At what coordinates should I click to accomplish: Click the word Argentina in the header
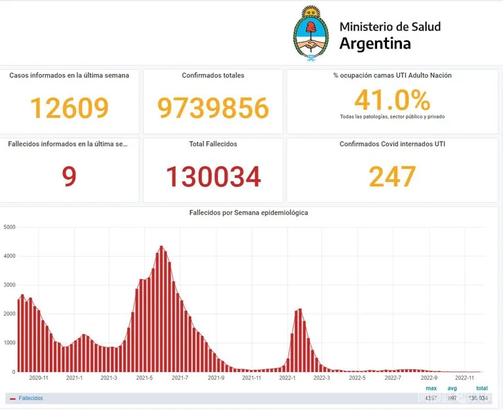pos(375,44)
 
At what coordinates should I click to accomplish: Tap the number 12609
pos(69,108)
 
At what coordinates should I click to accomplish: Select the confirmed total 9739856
pos(213,108)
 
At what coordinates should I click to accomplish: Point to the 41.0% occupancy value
pos(392,100)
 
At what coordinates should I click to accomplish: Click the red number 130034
pos(213,176)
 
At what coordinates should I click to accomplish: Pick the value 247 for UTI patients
pos(392,176)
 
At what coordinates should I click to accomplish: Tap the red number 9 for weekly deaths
pos(69,176)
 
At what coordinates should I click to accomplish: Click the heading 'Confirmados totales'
pos(213,75)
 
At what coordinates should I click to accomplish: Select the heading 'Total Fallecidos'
pos(213,144)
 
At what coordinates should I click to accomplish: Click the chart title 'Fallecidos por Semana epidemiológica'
pos(249,213)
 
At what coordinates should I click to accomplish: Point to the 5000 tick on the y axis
pos(9,227)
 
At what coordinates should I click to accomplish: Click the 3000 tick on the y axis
pos(9,285)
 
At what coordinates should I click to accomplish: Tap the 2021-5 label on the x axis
pos(144,377)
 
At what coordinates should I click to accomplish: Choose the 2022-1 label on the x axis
pos(287,377)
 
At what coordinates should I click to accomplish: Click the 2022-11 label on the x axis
pos(464,377)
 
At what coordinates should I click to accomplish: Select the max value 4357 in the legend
pos(431,398)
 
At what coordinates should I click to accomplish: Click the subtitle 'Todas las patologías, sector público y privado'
pos(392,117)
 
